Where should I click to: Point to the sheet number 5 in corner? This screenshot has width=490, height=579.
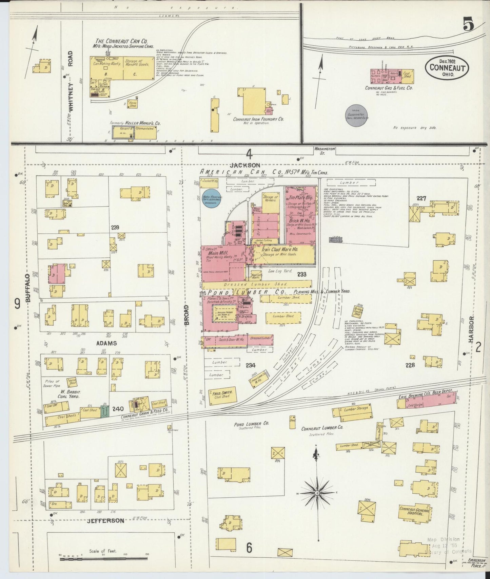pos(468,25)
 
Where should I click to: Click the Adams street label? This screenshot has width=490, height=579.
pos(106,343)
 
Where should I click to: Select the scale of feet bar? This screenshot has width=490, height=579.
pos(103,559)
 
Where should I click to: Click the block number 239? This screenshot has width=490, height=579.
pos(115,228)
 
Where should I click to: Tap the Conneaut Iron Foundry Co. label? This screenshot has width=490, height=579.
pos(258,119)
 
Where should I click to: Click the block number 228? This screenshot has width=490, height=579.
pos(410,365)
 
